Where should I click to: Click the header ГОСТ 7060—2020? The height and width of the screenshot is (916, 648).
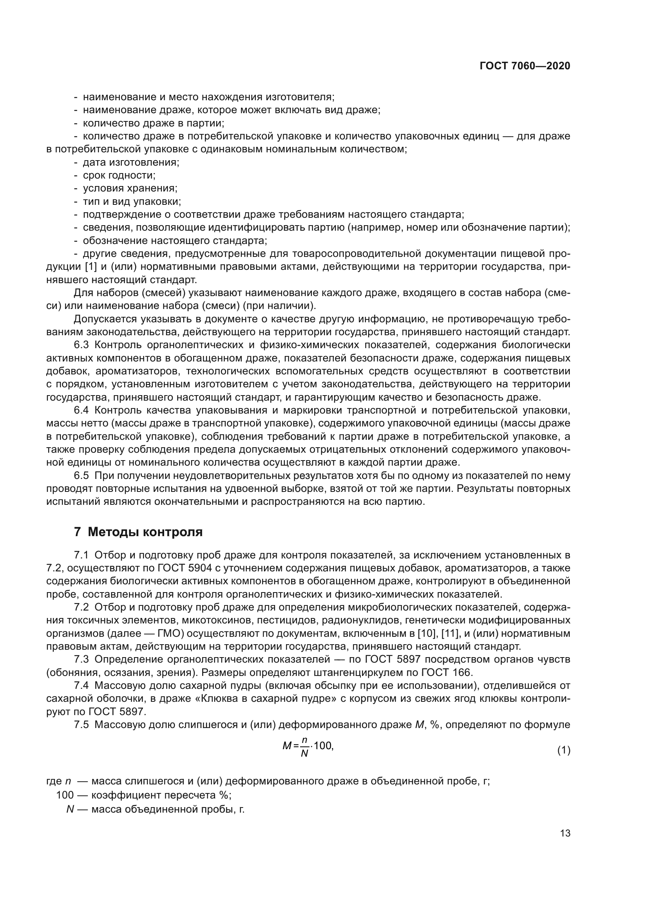point(525,66)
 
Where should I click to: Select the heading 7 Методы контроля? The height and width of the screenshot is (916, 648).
point(138,532)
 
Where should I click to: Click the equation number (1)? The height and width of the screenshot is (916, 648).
point(564,750)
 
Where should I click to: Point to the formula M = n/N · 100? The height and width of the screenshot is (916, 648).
point(308,746)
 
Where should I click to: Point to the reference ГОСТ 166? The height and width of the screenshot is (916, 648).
point(446,672)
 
